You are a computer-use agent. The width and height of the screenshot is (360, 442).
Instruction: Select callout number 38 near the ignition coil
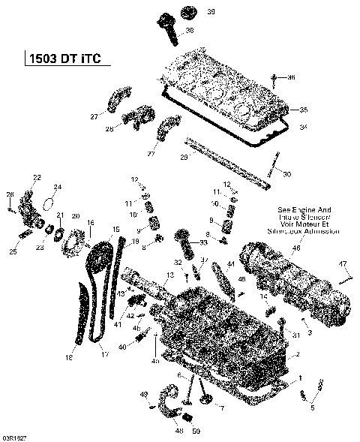click(189, 31)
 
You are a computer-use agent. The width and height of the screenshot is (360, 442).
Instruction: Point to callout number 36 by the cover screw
click(292, 77)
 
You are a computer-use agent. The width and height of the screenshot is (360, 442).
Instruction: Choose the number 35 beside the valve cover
click(304, 110)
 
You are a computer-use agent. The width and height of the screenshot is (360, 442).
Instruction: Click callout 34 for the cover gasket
click(303, 128)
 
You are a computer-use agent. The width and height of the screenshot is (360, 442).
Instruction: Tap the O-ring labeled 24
click(58, 187)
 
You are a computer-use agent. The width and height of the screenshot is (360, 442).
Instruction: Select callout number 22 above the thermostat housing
click(37, 176)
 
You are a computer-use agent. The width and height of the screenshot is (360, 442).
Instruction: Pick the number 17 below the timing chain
click(103, 353)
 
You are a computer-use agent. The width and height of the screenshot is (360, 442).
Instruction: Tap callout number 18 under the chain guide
click(69, 357)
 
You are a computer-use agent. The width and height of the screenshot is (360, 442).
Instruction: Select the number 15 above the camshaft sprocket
click(115, 229)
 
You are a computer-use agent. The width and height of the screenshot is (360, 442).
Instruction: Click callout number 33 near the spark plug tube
click(204, 242)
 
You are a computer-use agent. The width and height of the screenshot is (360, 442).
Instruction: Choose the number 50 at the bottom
click(196, 431)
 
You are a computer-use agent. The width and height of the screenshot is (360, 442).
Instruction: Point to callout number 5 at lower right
click(313, 407)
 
